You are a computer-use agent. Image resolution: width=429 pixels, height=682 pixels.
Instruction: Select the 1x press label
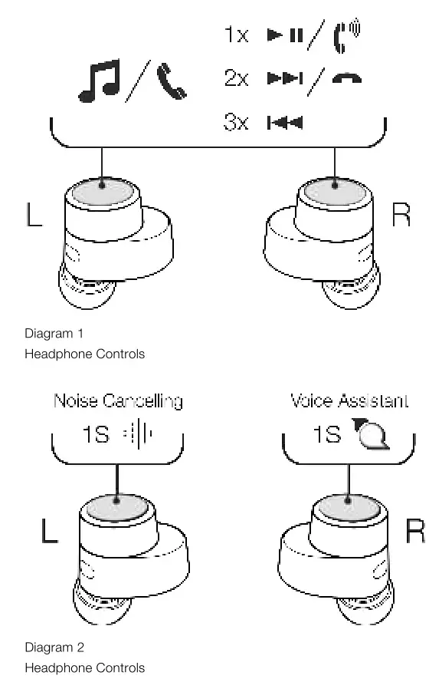pos(237,35)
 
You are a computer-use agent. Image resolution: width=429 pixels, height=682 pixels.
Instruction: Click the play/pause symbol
pos(283,35)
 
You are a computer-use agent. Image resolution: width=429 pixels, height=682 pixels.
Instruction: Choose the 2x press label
pos(237,79)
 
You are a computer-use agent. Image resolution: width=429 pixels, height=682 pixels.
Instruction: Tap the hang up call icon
pos(347,79)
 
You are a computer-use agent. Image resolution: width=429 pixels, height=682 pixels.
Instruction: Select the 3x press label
pos(237,123)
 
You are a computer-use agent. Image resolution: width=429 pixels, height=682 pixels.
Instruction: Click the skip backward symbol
pos(284,123)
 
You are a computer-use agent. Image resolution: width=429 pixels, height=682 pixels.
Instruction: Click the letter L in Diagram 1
pos(34,216)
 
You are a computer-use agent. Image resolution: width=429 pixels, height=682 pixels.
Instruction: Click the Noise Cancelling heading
pos(118,400)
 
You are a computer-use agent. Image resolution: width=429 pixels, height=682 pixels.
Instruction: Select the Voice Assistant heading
pos(349,400)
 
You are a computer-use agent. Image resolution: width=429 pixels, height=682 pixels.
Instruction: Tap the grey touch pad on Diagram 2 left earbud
pos(116,505)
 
